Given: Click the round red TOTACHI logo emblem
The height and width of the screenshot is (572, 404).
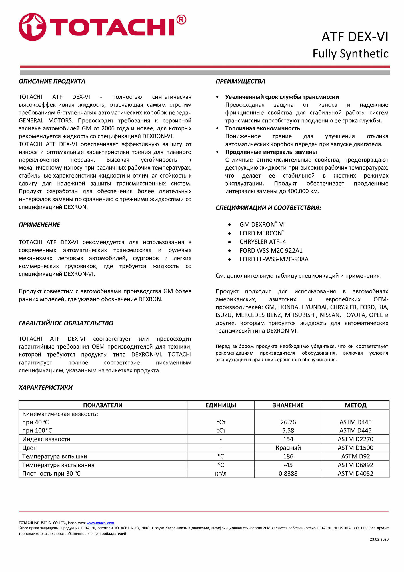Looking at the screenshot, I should pyautogui.click(x=32, y=27).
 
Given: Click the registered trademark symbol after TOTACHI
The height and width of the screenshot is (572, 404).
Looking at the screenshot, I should pyautogui.click(x=181, y=20).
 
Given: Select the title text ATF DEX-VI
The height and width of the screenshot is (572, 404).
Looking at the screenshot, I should pyautogui.click(x=355, y=37).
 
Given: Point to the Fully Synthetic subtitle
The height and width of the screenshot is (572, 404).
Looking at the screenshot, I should pyautogui.click(x=350, y=54).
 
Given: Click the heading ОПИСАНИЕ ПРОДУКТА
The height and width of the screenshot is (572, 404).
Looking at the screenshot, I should pyautogui.click(x=52, y=81).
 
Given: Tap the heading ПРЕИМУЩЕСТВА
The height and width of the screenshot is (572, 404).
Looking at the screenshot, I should pyautogui.click(x=240, y=81).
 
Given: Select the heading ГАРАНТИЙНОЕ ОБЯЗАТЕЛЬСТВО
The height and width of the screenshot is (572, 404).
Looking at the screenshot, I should pyautogui.click(x=66, y=323).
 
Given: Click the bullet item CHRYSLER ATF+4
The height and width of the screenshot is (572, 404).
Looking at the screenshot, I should pyautogui.click(x=263, y=242).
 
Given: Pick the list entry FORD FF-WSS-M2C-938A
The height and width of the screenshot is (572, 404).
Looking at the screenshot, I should pyautogui.click(x=274, y=259).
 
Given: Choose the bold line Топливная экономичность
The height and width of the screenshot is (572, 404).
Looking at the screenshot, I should pyautogui.click(x=262, y=128).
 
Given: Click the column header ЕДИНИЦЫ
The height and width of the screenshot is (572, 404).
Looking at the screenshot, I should pyautogui.click(x=221, y=405).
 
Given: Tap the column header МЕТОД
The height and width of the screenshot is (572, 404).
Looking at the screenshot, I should pyautogui.click(x=355, y=405).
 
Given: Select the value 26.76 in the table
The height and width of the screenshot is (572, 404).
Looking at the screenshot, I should pyautogui.click(x=288, y=422).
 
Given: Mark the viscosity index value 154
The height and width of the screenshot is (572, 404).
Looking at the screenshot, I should pyautogui.click(x=288, y=439).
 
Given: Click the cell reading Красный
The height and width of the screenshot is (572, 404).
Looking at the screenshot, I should pyautogui.click(x=288, y=448).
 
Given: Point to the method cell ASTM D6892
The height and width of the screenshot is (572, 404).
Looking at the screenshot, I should pyautogui.click(x=355, y=465).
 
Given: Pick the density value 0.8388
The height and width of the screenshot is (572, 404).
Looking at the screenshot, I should pyautogui.click(x=288, y=474).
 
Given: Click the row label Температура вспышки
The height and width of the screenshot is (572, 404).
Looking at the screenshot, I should pyautogui.click(x=55, y=456).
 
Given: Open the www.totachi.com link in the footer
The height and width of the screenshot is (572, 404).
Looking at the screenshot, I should pyautogui.click(x=100, y=523).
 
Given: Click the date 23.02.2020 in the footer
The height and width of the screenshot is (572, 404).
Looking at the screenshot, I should pyautogui.click(x=379, y=539).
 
